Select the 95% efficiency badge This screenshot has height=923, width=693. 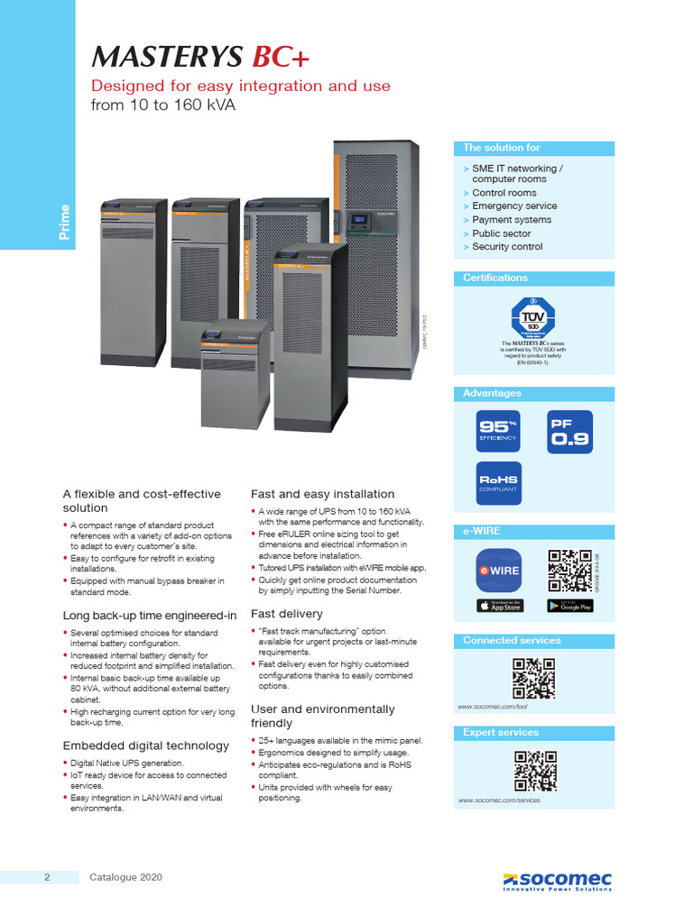(498, 432)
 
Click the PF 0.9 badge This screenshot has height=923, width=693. (570, 432)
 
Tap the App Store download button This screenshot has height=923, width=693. (499, 606)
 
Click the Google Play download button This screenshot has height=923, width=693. (570, 606)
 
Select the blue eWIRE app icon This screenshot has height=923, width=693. (499, 570)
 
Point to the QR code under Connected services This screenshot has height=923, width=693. (532, 679)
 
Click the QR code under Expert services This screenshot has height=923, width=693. (532, 771)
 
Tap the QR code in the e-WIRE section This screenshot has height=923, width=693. (570, 570)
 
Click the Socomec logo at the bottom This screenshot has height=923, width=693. (557, 880)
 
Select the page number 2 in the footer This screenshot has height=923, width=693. (46, 877)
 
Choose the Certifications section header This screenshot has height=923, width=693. (495, 278)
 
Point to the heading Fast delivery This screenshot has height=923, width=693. (286, 614)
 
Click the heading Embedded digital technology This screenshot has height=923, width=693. (145, 745)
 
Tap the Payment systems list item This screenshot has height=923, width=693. (512, 220)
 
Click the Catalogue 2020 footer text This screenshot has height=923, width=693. (126, 877)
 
